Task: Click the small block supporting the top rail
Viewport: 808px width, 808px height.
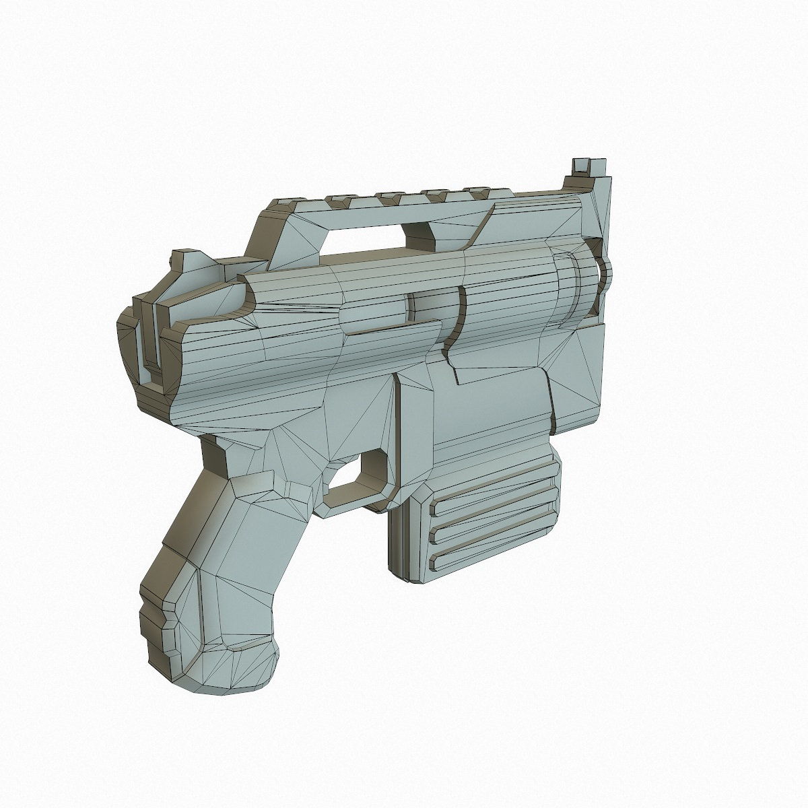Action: pos(421,232)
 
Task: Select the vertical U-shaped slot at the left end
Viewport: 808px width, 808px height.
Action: pos(149,343)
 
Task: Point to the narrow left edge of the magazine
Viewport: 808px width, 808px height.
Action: pos(397,539)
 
